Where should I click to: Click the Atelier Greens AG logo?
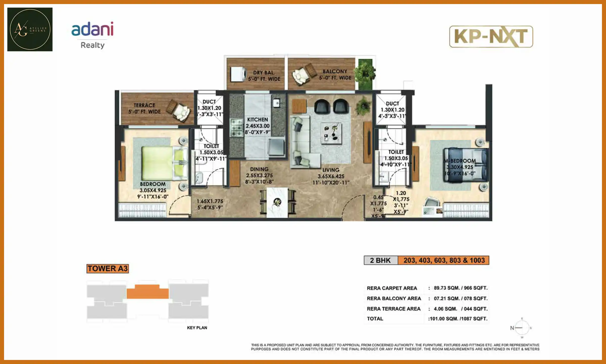(x=30, y=29)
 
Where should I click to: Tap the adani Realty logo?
(x=92, y=35)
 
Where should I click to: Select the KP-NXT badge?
(x=491, y=37)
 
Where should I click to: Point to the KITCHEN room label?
(x=258, y=120)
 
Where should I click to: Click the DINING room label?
(x=259, y=169)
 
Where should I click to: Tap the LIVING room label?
(x=331, y=170)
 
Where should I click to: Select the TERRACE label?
(x=144, y=105)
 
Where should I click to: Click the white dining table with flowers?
(x=277, y=202)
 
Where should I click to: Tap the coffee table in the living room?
(x=331, y=133)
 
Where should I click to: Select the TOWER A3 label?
(x=108, y=268)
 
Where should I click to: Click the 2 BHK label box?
(x=381, y=260)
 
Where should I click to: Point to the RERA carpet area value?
(x=461, y=288)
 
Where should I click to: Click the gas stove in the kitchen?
(x=236, y=128)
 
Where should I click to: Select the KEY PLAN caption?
(x=197, y=328)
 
